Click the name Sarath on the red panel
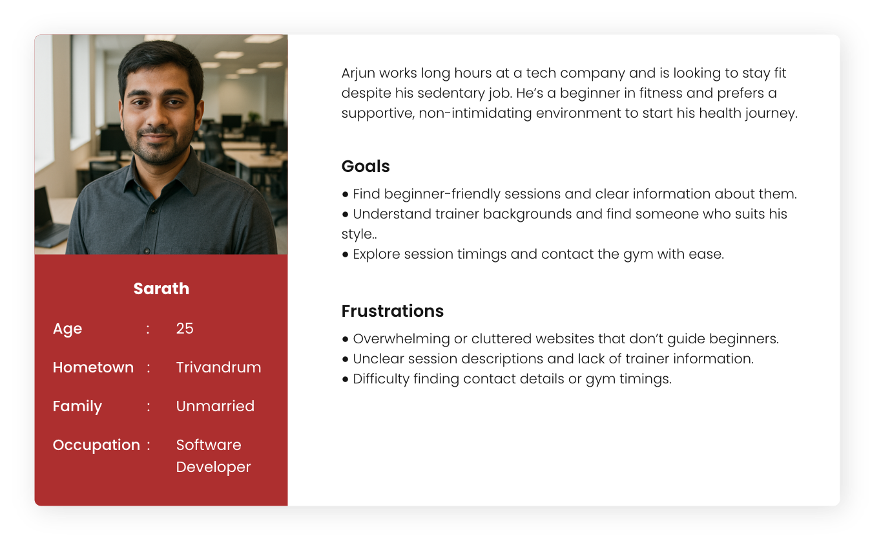point(161,288)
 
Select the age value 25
point(185,328)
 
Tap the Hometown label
point(93,367)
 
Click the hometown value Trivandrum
point(218,367)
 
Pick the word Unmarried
point(215,406)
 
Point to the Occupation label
point(96,445)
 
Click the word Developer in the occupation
point(213,467)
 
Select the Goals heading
point(366,166)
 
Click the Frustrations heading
point(392,311)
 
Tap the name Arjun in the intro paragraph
point(358,73)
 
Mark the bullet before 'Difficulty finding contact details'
point(346,380)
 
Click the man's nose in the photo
point(158,116)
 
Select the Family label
point(78,406)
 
